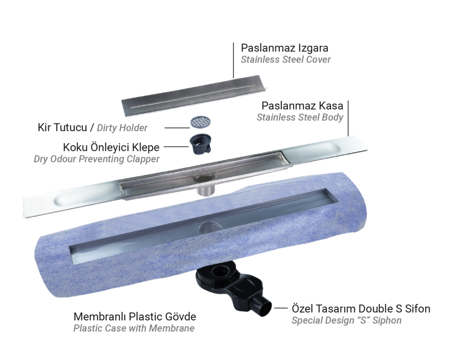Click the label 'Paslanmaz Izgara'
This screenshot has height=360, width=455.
[284, 48]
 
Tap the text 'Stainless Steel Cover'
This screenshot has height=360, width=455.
[286, 59]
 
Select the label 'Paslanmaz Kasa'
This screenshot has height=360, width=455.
[302, 106]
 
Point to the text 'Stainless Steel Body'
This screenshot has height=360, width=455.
[300, 117]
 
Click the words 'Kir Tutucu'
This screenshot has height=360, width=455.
[62, 127]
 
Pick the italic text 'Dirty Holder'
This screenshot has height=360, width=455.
[122, 128]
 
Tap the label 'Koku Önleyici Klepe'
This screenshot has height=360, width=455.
[111, 147]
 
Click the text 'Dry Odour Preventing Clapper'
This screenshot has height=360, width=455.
[96, 159]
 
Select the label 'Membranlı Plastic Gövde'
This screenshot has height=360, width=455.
[135, 316]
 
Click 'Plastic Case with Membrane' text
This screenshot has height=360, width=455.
[134, 328]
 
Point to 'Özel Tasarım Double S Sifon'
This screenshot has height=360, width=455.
[361, 309]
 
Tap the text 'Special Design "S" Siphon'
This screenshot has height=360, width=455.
[347, 320]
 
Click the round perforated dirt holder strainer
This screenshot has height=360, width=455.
[200, 122]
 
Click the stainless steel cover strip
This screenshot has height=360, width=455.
[193, 95]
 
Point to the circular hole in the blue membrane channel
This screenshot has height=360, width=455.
[210, 227]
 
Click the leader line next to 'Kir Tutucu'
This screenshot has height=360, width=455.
[177, 128]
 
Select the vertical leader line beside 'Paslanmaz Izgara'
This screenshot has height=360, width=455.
[233, 60]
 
